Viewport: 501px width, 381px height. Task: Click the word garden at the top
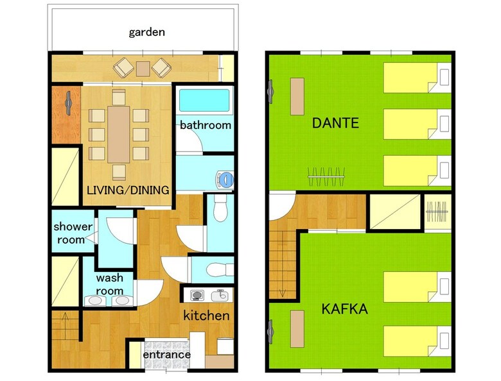coord(146,32)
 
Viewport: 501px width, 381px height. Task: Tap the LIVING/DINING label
coord(128,190)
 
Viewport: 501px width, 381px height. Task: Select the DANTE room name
coord(335,123)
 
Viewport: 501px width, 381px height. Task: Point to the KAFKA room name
coord(344,309)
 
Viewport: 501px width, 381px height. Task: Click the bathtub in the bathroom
coord(204,100)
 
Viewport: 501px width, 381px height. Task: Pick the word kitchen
coord(206,316)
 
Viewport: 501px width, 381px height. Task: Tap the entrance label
coord(166,355)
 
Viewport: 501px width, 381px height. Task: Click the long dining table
coord(119,134)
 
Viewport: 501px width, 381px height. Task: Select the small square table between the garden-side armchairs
coord(143,69)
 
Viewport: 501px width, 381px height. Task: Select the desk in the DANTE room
coord(297,96)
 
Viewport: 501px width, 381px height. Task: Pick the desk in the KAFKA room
coord(297,328)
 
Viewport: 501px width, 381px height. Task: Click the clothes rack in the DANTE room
coord(326,176)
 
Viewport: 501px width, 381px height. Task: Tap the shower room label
coord(73,233)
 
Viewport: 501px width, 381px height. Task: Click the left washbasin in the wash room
coord(95,300)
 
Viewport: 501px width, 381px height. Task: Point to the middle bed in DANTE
coord(416,124)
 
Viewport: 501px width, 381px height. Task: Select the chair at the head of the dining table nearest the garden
coord(119,97)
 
